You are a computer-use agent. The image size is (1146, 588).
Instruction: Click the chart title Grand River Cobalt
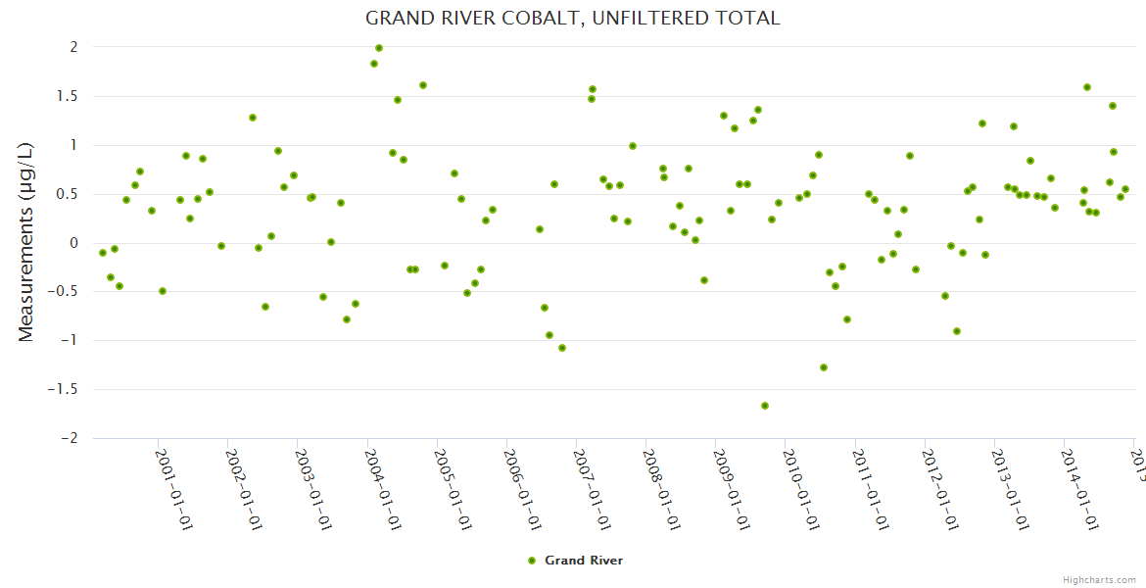click(x=572, y=19)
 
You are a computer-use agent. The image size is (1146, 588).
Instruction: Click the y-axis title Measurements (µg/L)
click(x=26, y=241)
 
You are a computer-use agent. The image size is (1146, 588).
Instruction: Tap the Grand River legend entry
click(x=583, y=561)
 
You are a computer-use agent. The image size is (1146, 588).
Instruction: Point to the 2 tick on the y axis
click(x=72, y=47)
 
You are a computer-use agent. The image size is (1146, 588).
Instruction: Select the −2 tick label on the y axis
click(x=67, y=438)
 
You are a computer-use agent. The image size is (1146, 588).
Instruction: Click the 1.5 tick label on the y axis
click(x=66, y=96)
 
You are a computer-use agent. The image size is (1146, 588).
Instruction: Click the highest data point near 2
click(x=379, y=48)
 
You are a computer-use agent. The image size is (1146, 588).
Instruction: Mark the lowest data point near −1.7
click(x=765, y=406)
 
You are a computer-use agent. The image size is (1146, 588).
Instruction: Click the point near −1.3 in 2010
click(x=824, y=367)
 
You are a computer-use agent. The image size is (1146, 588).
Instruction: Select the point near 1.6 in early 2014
click(x=1087, y=87)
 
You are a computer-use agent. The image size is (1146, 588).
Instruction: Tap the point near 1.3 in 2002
click(x=253, y=118)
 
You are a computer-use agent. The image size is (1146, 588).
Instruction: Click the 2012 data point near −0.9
click(x=957, y=331)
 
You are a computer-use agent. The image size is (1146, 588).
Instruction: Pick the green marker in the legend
click(x=532, y=561)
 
